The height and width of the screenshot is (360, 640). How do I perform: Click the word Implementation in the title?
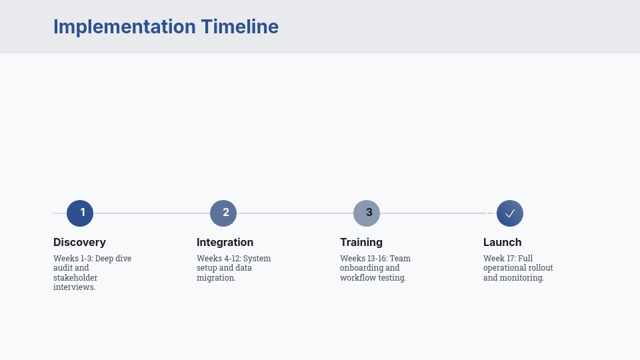[124, 27]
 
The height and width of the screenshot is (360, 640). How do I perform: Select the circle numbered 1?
[80, 213]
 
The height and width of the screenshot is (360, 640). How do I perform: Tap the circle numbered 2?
[223, 213]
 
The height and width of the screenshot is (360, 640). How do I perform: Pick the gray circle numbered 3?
[367, 213]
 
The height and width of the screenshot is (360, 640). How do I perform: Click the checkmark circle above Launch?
[510, 213]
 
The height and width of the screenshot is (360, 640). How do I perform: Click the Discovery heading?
[79, 243]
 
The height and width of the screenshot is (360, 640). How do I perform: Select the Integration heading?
[225, 243]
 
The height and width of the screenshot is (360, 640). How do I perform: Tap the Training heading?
[361, 243]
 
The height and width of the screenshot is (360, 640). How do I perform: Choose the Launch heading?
[502, 243]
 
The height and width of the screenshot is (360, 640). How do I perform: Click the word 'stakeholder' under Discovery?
[75, 278]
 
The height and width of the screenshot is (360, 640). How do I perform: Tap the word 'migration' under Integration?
[215, 278]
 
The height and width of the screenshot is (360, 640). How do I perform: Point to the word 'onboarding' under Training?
[361, 268]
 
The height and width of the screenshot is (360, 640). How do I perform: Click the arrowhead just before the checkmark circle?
[484, 213]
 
